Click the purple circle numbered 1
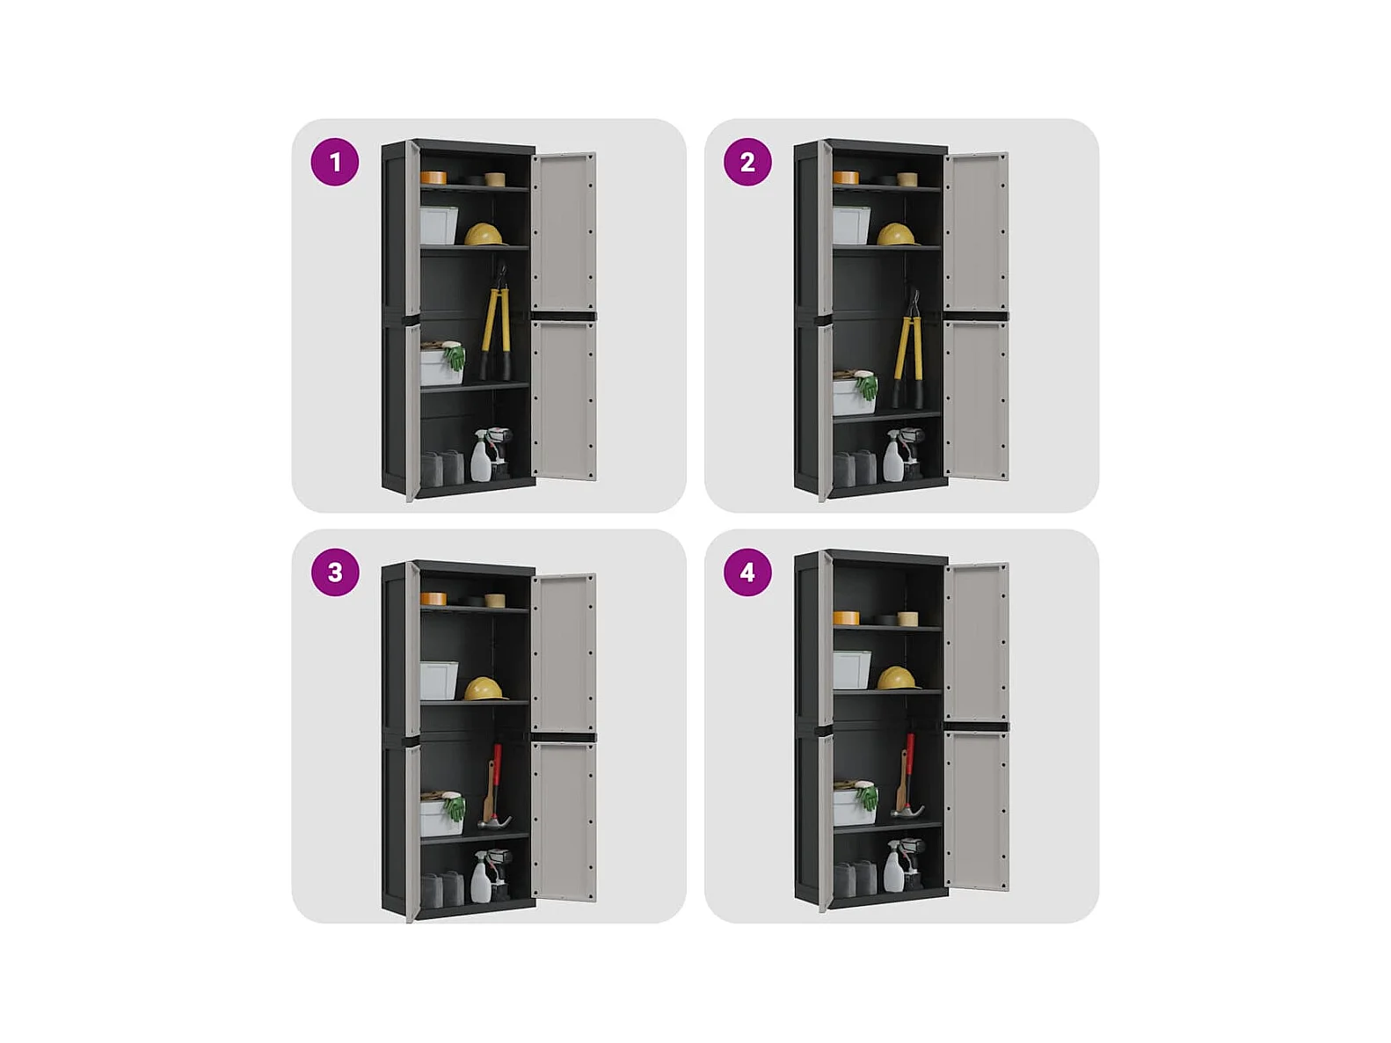point(335,162)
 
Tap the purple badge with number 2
point(747,162)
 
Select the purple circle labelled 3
point(335,573)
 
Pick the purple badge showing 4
point(747,573)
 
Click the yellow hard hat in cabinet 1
point(485,235)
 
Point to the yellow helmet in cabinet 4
point(899,679)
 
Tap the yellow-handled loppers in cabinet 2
point(908,350)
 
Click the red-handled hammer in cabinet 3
point(494,787)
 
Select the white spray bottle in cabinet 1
point(480,456)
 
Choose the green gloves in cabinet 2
point(866,386)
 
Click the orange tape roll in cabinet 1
point(433,178)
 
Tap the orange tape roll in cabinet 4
point(846,618)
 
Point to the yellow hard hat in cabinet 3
point(485,689)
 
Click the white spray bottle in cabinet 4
point(893,867)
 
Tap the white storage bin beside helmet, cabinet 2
point(851,226)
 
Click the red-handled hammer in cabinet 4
point(907,777)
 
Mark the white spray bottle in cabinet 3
point(480,878)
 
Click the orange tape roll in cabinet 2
point(846,178)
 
